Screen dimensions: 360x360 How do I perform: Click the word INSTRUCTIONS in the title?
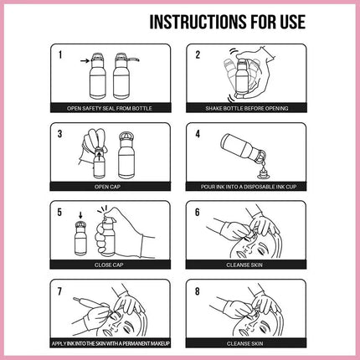click(198, 22)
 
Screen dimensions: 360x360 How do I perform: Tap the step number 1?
click(60, 55)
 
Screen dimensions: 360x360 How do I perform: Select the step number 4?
click(198, 134)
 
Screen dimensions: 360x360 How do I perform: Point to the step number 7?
click(59, 291)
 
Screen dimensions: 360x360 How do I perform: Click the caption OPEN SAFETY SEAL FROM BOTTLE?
click(110, 108)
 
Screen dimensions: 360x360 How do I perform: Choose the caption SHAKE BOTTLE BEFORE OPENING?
click(247, 108)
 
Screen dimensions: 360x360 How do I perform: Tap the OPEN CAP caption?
click(107, 187)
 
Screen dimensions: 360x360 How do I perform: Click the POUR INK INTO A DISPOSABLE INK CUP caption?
click(249, 187)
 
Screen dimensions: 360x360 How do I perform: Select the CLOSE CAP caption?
click(109, 265)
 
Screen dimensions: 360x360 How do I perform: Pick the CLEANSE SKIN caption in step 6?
click(244, 265)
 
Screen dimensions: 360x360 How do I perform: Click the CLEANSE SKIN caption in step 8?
click(244, 343)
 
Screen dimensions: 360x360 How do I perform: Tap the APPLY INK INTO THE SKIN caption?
click(111, 343)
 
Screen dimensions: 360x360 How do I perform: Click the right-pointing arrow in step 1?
click(85, 60)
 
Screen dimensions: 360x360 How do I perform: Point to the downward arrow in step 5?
click(81, 215)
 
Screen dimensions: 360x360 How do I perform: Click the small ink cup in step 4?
click(262, 174)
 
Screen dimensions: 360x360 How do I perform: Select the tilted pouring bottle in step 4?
click(243, 148)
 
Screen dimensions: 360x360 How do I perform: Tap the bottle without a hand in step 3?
click(127, 156)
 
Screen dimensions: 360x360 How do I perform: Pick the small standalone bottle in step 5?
click(81, 238)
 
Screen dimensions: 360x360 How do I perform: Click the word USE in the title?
click(292, 22)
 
